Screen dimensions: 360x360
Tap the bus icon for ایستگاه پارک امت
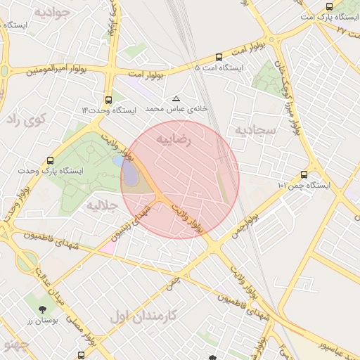(x=329, y=6)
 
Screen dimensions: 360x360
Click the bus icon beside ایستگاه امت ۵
(x=219, y=57)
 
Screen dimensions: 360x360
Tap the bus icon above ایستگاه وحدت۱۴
(x=108, y=100)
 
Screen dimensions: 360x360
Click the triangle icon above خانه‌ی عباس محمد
(x=176, y=98)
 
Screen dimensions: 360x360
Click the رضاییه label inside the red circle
(x=173, y=139)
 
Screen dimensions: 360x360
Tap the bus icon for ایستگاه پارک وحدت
(x=49, y=160)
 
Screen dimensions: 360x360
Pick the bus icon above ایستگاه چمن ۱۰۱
(x=304, y=174)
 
